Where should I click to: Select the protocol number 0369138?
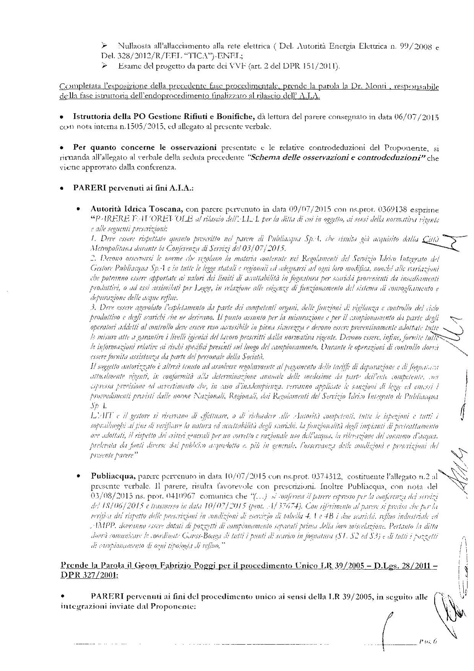(392, 210)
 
